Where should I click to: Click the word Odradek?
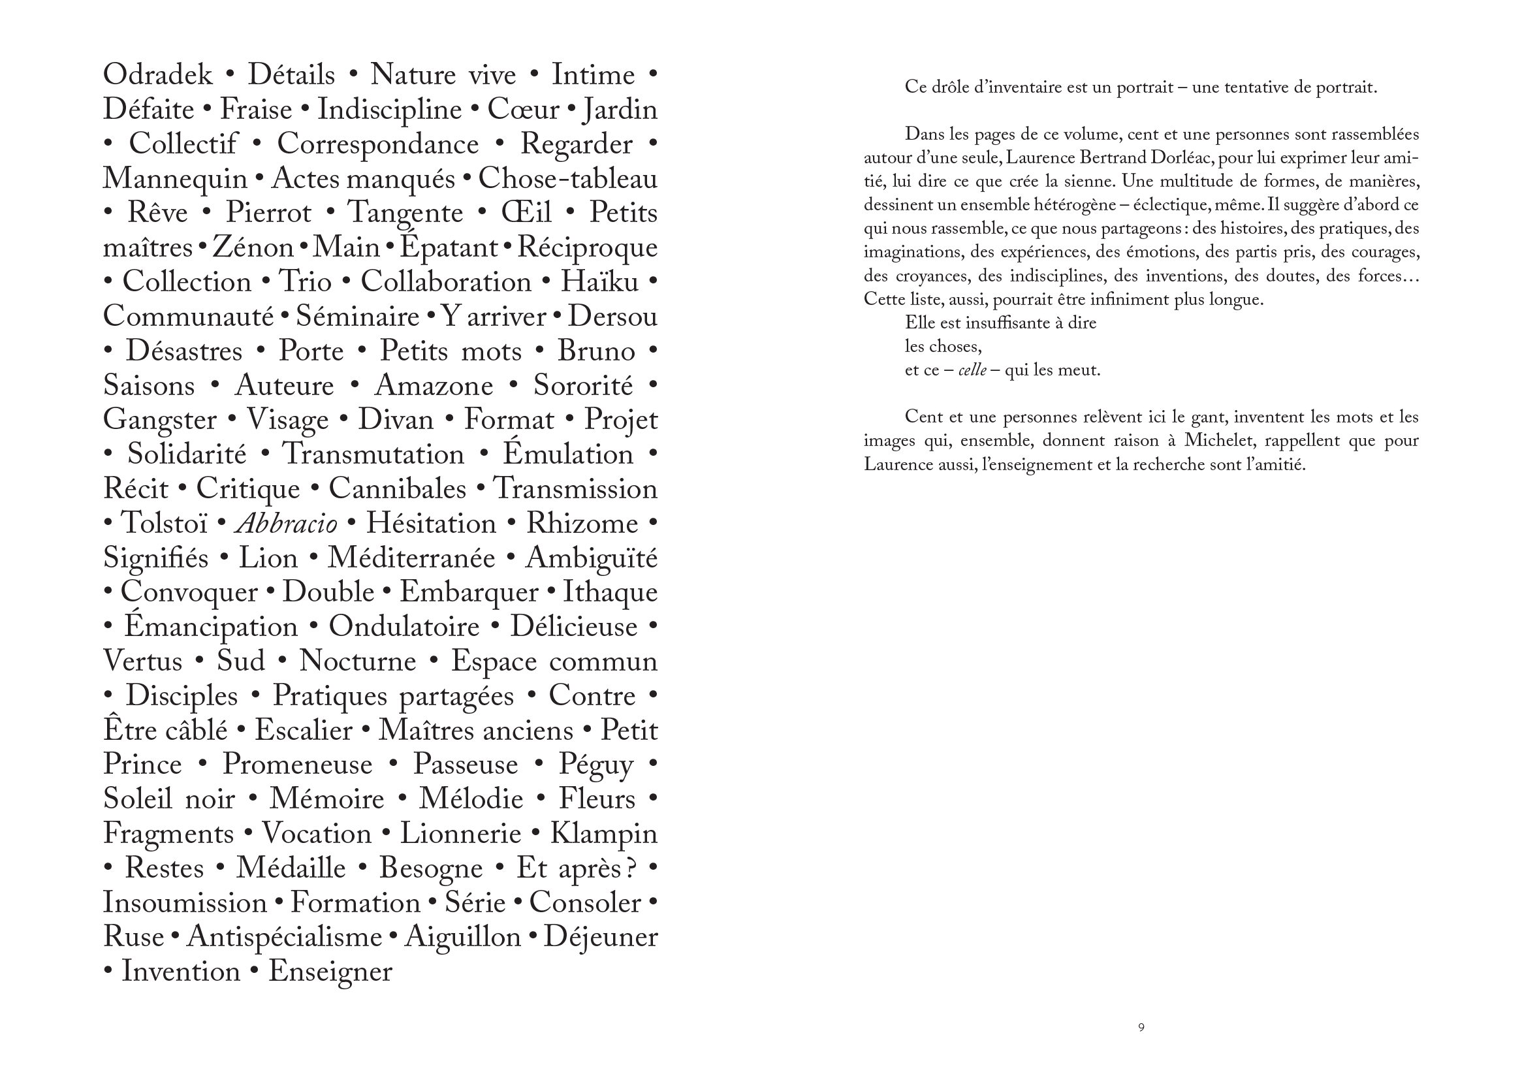(x=157, y=74)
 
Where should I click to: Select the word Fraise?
(x=256, y=110)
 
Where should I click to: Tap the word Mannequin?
(x=175, y=179)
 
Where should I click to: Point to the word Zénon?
(x=253, y=247)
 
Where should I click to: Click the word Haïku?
(x=599, y=282)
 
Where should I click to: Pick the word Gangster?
(x=159, y=421)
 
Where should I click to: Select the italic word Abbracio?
(x=287, y=524)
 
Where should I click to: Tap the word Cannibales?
(x=397, y=490)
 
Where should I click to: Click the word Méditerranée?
(x=411, y=558)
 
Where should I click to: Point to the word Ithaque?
(x=610, y=592)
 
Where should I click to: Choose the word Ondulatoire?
(x=404, y=627)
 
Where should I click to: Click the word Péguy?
(x=595, y=765)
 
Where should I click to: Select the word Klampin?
(x=603, y=834)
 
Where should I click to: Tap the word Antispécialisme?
(x=284, y=937)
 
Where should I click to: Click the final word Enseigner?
(x=330, y=972)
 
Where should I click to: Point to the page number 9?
(x=1141, y=1028)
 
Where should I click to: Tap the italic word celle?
(x=972, y=370)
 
